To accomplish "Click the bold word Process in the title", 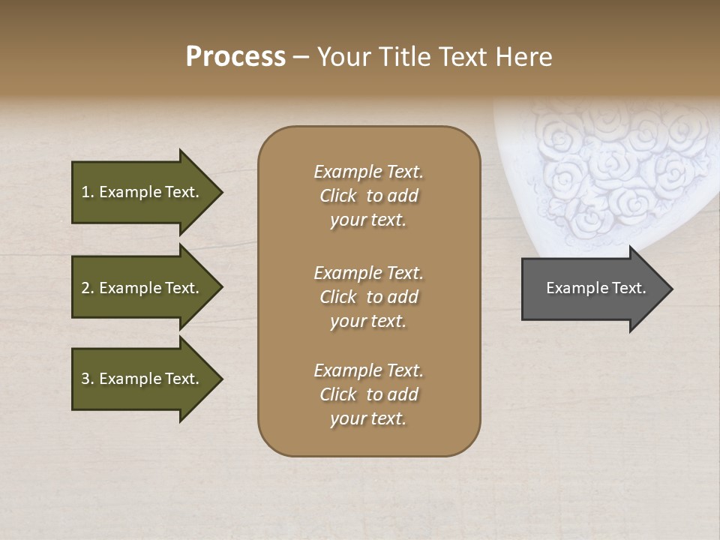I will click(235, 57).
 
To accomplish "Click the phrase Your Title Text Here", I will click(434, 57).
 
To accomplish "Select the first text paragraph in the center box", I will click(368, 196).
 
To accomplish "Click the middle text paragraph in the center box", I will click(368, 297).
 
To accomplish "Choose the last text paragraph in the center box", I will click(368, 394).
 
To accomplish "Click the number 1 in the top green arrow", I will click(85, 192).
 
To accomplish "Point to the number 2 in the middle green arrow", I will click(85, 288).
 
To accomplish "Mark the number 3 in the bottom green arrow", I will click(85, 379).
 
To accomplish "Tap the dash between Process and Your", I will click(301, 58).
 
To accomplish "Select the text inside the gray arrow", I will click(595, 288).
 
